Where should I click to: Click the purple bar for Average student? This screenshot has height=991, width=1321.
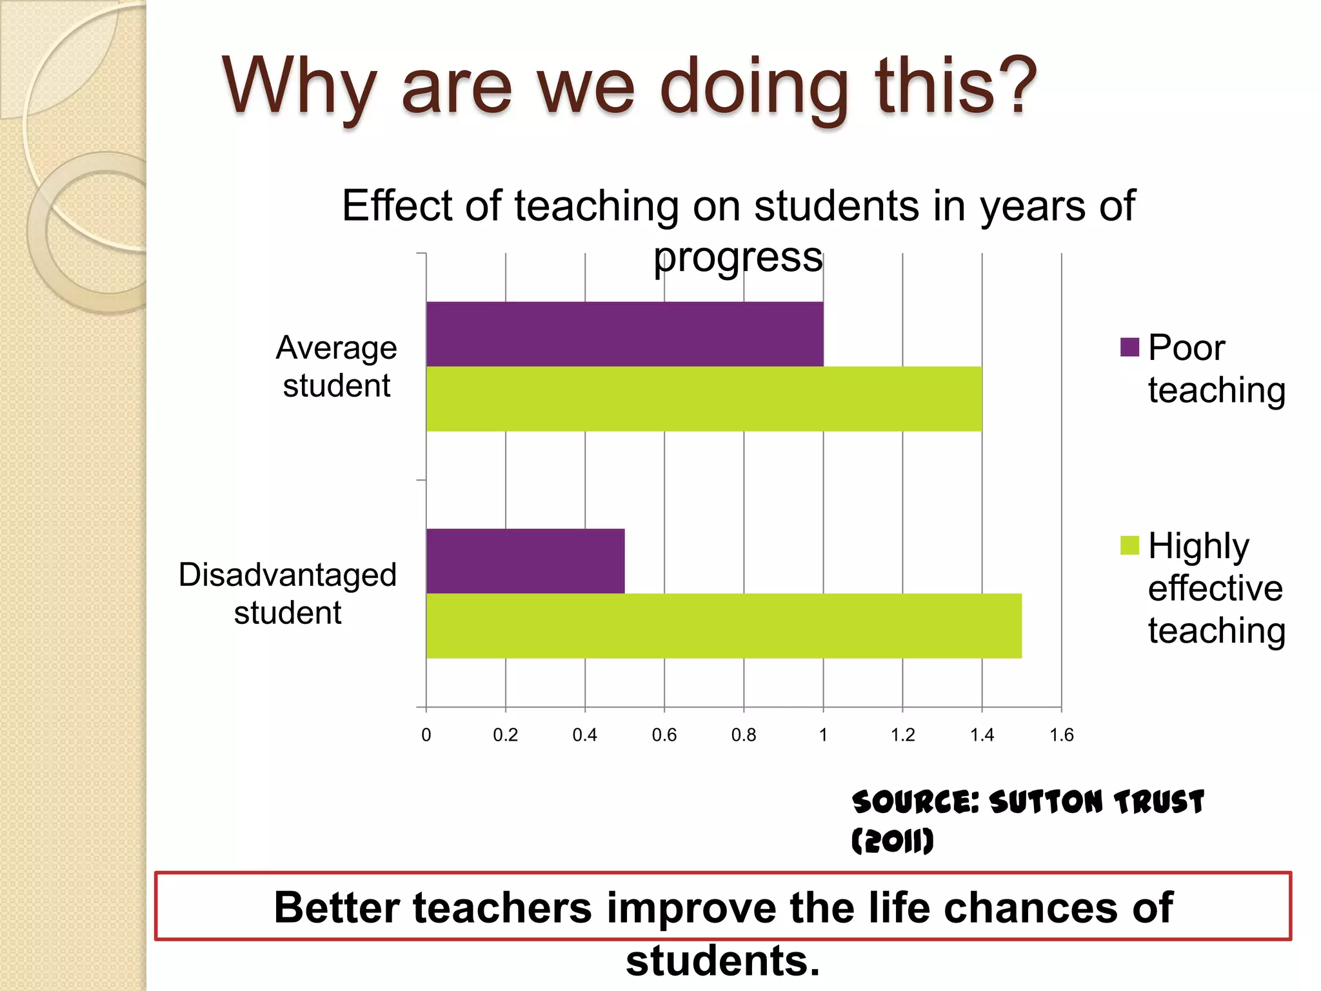click(x=624, y=334)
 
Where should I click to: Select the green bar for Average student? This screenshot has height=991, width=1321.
click(x=704, y=399)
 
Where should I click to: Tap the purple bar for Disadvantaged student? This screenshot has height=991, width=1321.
click(x=525, y=561)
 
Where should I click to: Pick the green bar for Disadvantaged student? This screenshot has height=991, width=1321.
click(x=724, y=626)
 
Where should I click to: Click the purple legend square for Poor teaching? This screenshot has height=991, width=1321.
click(x=1129, y=347)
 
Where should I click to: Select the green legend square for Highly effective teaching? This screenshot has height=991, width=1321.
click(x=1129, y=545)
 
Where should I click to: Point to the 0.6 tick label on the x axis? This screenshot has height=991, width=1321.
click(x=664, y=735)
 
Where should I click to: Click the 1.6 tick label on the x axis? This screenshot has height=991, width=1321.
click(x=1061, y=735)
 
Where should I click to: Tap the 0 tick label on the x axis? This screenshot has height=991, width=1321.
click(x=426, y=735)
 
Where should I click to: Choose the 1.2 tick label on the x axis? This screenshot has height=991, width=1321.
click(x=902, y=735)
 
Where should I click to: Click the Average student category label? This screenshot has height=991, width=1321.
click(x=336, y=366)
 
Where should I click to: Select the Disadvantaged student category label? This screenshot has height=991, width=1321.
click(x=288, y=593)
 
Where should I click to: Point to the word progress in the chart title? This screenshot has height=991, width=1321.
click(x=738, y=258)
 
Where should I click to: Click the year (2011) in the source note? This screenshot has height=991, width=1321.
click(x=892, y=841)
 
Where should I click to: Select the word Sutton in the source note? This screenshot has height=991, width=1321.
click(x=1046, y=802)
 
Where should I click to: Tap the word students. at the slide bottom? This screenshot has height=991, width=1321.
click(x=722, y=961)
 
